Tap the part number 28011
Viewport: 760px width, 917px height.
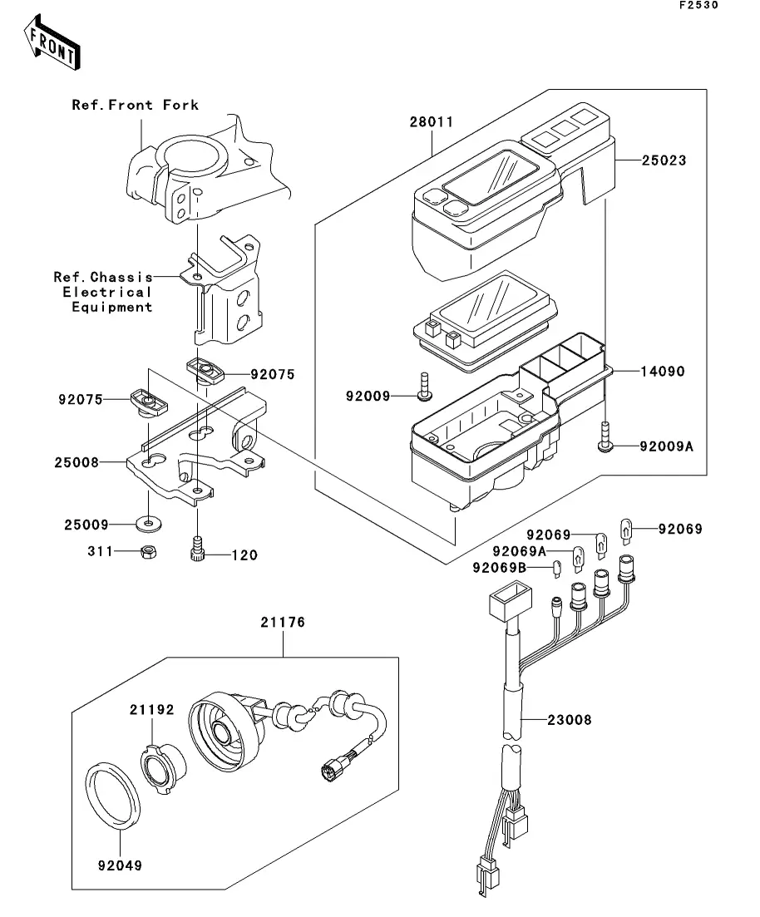pos(431,122)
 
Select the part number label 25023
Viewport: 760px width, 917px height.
pos(664,160)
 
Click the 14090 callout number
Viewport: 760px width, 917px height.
pos(662,372)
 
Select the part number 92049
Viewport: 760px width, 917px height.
pos(119,865)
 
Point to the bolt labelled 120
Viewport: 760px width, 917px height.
pos(197,549)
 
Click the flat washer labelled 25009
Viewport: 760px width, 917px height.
pos(146,524)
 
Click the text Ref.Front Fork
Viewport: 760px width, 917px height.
pos(135,105)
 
